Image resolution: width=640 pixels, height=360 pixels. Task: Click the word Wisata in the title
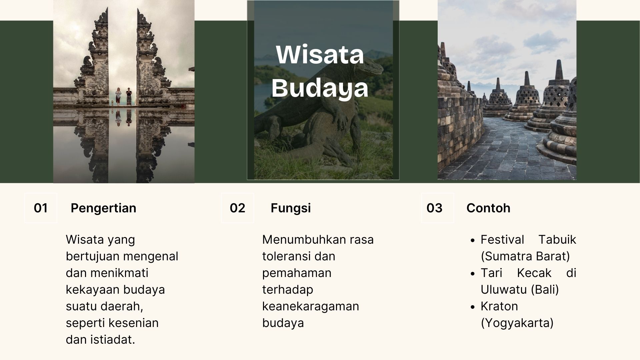tap(320, 54)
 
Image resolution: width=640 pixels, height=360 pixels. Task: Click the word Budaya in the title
tap(320, 88)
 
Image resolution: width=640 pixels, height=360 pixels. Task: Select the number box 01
tap(41, 208)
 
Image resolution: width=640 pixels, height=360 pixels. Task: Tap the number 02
tap(237, 208)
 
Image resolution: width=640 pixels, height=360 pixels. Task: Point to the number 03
tap(434, 208)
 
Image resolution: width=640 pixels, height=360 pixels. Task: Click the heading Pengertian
tap(103, 208)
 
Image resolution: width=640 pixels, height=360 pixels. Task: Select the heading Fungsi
tap(291, 208)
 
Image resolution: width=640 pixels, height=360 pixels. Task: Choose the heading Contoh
tap(488, 208)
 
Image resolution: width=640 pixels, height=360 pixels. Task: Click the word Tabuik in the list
tap(557, 240)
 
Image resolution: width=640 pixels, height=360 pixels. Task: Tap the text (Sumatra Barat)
tap(525, 256)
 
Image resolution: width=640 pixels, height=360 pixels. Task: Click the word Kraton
tap(499, 306)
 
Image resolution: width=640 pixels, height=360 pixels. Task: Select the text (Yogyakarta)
tap(517, 323)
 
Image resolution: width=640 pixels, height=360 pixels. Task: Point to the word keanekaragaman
tap(311, 306)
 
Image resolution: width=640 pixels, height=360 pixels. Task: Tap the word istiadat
tap(112, 340)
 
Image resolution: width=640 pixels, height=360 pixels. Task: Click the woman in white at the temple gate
tap(118, 97)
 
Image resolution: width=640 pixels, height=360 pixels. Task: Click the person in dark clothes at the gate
tap(129, 97)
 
